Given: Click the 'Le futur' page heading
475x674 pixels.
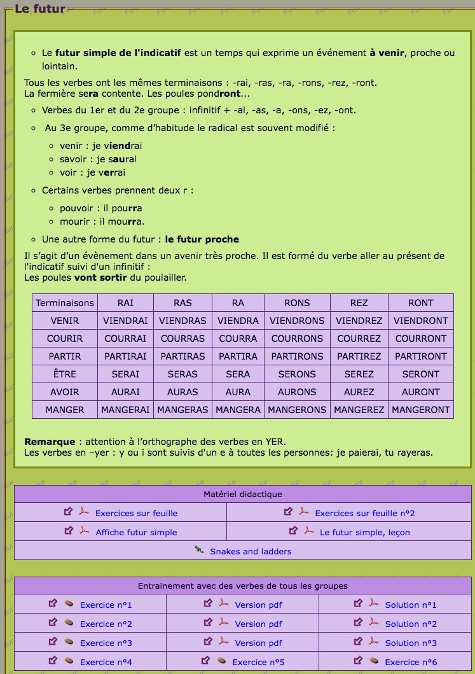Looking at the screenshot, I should pyautogui.click(x=39, y=9).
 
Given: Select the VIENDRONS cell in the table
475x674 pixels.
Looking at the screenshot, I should pyautogui.click(x=297, y=321).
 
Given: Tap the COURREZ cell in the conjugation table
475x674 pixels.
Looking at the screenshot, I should pyautogui.click(x=359, y=339).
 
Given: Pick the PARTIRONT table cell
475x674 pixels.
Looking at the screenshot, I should pyautogui.click(x=420, y=356).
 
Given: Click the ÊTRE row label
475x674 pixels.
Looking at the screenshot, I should pyautogui.click(x=65, y=374).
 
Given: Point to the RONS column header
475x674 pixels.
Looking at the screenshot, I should pyautogui.click(x=297, y=303).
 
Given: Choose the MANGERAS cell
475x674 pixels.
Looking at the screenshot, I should pyautogui.click(x=182, y=410).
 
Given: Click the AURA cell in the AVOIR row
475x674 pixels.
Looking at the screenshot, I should pyautogui.click(x=238, y=392).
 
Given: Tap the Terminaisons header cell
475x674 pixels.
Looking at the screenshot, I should pyautogui.click(x=65, y=303).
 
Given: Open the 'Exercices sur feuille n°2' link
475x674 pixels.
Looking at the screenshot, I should pyautogui.click(x=364, y=513).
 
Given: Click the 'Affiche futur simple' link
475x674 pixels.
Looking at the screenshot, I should pyautogui.click(x=136, y=532).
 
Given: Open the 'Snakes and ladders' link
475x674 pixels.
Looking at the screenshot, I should pyautogui.click(x=251, y=551).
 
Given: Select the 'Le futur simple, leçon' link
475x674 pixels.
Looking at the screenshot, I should pyautogui.click(x=364, y=532).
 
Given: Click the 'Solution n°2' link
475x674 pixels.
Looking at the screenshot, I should pyautogui.click(x=411, y=624).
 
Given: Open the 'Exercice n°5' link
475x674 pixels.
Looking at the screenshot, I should pyautogui.click(x=258, y=662).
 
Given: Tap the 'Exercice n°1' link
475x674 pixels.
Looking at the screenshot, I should pyautogui.click(x=106, y=605).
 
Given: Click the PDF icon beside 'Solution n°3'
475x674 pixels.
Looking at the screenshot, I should pyautogui.click(x=373, y=642).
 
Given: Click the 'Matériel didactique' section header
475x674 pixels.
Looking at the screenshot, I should pyautogui.click(x=243, y=494).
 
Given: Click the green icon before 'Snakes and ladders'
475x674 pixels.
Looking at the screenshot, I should pyautogui.click(x=199, y=550).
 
